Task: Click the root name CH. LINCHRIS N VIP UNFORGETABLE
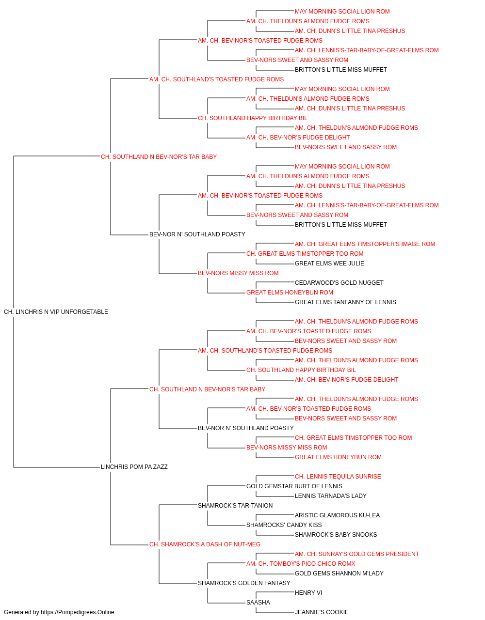(56, 312)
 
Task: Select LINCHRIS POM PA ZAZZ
(134, 467)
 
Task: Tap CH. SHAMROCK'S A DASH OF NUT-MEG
(205, 544)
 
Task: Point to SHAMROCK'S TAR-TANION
(235, 506)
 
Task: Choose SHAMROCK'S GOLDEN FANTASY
(244, 583)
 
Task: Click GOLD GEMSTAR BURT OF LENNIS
(294, 486)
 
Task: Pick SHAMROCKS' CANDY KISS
(284, 525)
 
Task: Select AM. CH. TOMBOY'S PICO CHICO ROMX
(301, 564)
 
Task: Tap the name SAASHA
(258, 603)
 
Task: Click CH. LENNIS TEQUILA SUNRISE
(338, 477)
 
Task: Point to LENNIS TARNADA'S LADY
(331, 496)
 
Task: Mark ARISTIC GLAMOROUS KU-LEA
(338, 515)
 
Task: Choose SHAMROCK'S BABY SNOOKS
(336, 535)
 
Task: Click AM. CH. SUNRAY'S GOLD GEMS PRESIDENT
(357, 554)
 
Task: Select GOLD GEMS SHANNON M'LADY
(339, 573)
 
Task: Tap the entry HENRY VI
(308, 593)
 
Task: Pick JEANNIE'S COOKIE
(322, 612)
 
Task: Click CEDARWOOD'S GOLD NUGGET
(339, 283)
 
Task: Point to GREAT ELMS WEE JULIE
(330, 263)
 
